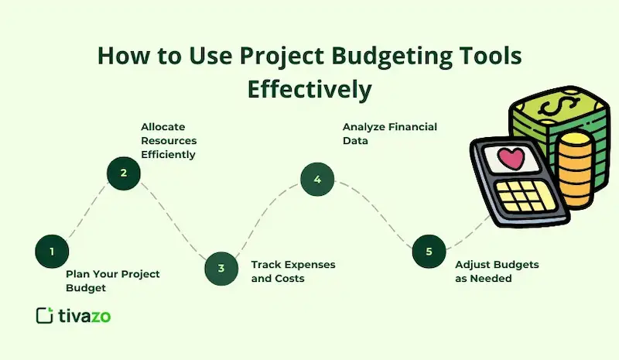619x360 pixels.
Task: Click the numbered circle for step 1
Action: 52,251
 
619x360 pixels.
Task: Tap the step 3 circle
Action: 221,268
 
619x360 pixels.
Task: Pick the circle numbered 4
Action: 317,180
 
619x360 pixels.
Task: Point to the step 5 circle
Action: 429,251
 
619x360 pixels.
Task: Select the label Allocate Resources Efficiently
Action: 168,140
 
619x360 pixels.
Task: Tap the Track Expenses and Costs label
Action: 292,271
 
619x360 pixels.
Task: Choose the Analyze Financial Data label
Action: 390,133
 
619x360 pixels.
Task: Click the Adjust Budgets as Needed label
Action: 497,271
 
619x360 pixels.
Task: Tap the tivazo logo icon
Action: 45,315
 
